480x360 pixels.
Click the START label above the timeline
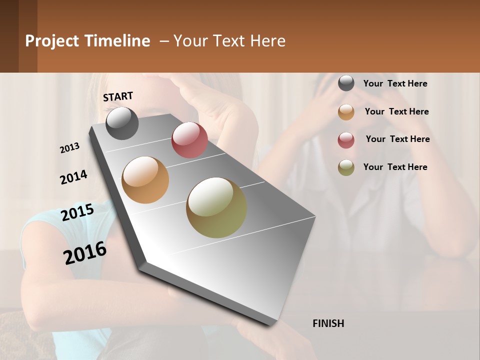(118, 96)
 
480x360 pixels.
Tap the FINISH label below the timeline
(328, 323)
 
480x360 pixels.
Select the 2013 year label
(70, 148)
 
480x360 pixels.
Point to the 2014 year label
(73, 177)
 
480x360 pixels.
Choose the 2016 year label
(85, 253)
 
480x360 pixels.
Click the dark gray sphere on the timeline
(122, 123)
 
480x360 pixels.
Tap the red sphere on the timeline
(189, 140)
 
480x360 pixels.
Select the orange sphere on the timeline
(145, 180)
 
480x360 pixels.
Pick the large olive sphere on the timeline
(216, 207)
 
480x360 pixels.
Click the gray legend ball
(346, 83)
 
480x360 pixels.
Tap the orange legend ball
(346, 112)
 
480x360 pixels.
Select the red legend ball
(346, 139)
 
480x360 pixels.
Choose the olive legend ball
(346, 167)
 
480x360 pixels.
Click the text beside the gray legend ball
(395, 83)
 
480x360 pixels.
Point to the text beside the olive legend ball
(395, 167)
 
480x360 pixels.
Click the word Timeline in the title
(117, 41)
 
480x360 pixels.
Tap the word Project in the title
(51, 41)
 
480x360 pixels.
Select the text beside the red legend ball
(397, 139)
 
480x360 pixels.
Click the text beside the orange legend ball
(396, 111)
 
